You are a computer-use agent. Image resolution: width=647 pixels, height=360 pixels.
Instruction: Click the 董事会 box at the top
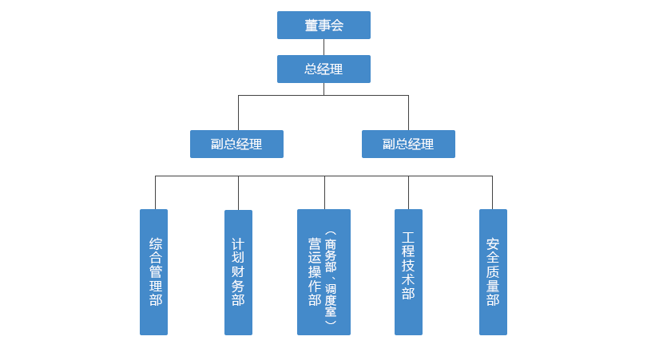click(323, 26)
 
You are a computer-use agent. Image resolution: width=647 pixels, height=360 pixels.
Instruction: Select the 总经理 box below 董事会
click(323, 69)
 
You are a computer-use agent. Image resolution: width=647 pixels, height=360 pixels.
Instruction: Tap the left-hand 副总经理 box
click(236, 144)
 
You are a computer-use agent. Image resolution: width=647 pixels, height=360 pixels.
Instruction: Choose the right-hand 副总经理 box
click(408, 144)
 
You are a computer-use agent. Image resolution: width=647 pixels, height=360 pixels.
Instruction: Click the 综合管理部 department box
click(154, 271)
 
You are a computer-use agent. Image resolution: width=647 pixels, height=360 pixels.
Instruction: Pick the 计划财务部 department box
click(238, 271)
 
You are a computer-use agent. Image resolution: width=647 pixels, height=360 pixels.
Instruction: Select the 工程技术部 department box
click(408, 271)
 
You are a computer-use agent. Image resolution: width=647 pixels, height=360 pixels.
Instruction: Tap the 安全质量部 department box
click(492, 271)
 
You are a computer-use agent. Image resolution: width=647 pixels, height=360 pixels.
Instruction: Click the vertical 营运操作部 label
click(315, 271)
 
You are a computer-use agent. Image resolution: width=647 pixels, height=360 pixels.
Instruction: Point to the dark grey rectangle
click(366, 192)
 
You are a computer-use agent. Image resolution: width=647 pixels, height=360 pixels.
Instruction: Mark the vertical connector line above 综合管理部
click(155, 192)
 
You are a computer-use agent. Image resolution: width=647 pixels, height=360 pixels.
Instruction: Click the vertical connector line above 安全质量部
click(492, 192)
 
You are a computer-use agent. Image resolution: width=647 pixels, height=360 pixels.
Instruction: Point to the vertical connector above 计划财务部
click(238, 192)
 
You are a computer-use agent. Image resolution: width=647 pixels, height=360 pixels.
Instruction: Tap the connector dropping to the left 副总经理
click(238, 112)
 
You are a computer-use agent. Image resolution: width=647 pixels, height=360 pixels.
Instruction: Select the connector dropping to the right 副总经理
click(408, 112)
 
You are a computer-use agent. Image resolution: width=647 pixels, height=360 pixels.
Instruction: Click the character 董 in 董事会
click(311, 26)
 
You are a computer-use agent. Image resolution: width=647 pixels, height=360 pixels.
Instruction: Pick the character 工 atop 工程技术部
click(408, 238)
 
